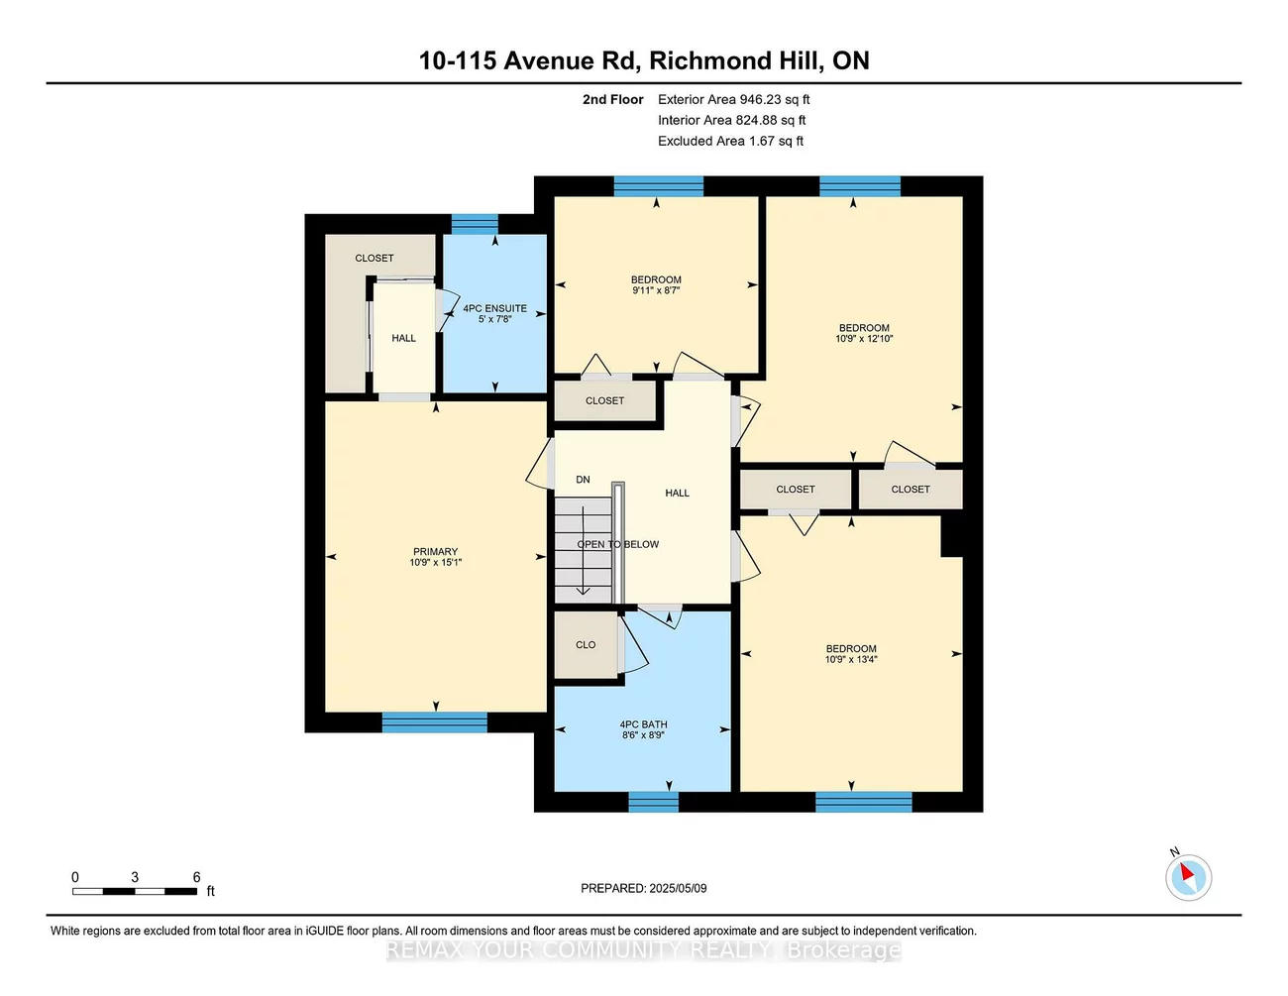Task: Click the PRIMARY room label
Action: [x=435, y=552]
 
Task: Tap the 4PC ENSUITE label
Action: [x=494, y=308]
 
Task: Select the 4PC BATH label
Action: [x=643, y=724]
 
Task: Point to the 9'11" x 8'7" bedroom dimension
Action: [x=656, y=291]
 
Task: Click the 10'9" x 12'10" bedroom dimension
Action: [x=864, y=339]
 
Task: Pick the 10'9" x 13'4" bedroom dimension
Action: [x=851, y=660]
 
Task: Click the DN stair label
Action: [x=583, y=480]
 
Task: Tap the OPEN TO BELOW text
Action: [x=617, y=544]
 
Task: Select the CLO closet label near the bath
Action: [x=586, y=645]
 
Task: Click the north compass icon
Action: [x=1188, y=877]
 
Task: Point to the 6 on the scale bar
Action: [x=196, y=877]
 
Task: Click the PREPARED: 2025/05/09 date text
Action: [x=643, y=888]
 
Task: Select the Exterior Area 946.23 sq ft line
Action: [x=733, y=99]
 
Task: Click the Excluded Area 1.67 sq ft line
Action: [x=730, y=141]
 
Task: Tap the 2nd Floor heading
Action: [x=612, y=99]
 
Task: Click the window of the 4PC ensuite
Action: [x=475, y=223]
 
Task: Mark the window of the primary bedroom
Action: [x=434, y=721]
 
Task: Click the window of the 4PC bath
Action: [x=653, y=802]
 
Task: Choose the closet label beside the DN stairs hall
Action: [x=604, y=400]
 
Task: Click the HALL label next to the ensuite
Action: [x=403, y=338]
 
